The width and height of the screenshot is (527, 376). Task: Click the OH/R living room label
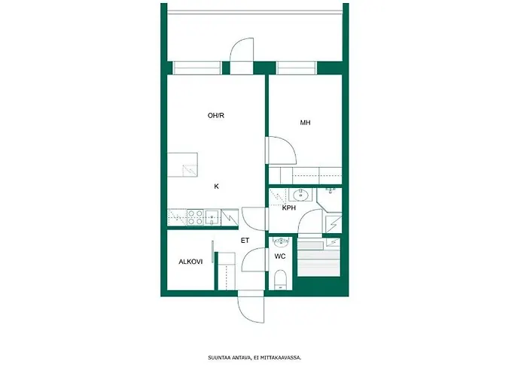point(216,116)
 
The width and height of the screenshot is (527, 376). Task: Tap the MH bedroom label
point(305,123)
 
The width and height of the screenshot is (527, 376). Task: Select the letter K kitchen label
point(217,186)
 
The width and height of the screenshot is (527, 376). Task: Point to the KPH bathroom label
point(288,208)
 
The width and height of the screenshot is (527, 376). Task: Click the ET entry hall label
point(245,241)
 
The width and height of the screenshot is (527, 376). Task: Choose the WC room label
point(280,256)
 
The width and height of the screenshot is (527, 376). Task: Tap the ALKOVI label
point(190,262)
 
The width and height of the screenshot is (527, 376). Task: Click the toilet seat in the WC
point(280,279)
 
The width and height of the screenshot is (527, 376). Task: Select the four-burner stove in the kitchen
point(195,217)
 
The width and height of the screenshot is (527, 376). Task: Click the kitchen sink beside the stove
point(212,217)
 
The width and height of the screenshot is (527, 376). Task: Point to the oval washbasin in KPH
point(300,195)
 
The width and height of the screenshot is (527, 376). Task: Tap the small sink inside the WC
point(281,241)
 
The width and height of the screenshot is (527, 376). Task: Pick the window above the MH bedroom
point(296,68)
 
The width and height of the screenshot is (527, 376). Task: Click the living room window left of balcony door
point(196,68)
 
